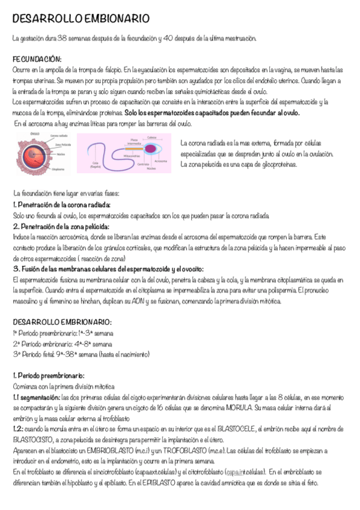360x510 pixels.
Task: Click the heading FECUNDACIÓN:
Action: [x=37, y=60]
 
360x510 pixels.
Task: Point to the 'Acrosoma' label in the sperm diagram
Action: [x=160, y=161]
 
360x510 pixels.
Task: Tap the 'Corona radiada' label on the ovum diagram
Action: [x=58, y=136]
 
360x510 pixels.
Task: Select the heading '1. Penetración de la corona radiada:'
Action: [x=61, y=205]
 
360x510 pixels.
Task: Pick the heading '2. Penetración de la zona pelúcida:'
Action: [x=61, y=227]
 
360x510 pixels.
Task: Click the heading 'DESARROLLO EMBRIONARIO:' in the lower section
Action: [x=62, y=322]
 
